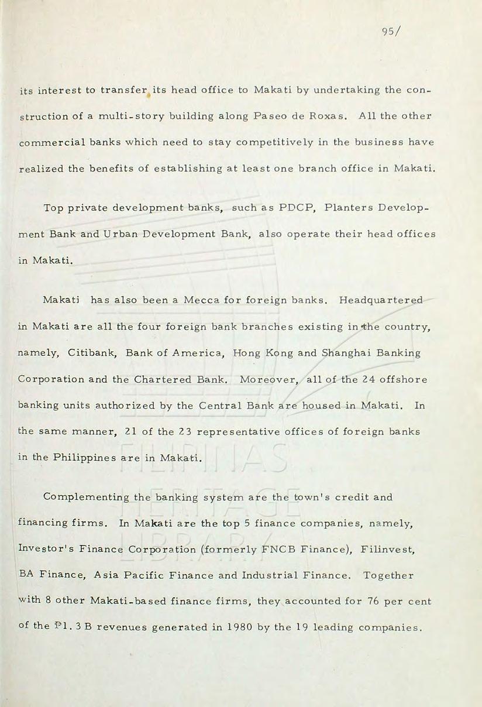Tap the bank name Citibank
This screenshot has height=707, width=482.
(x=86, y=353)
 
